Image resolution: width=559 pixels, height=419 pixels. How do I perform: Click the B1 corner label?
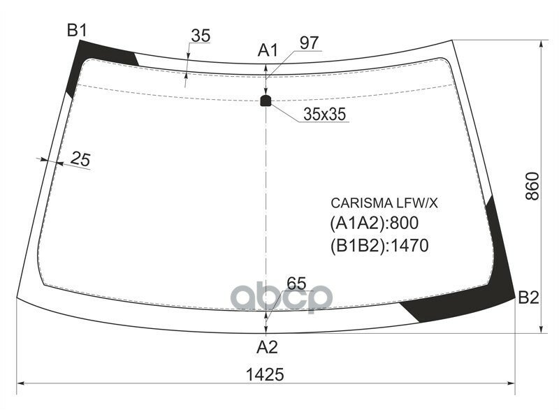pyautogui.click(x=76, y=30)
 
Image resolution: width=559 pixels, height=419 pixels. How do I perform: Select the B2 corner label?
pyautogui.click(x=528, y=298)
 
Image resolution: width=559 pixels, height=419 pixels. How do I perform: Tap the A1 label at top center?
pyautogui.click(x=268, y=50)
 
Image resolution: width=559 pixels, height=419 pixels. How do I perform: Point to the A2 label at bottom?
pyautogui.click(x=268, y=346)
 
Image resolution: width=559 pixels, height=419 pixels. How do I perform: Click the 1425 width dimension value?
pyautogui.click(x=266, y=374)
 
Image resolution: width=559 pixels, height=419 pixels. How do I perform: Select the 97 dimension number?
pyautogui.click(x=310, y=43)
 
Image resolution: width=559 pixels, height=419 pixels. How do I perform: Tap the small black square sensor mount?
pyautogui.click(x=266, y=101)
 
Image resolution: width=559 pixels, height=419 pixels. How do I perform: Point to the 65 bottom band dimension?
pyautogui.click(x=296, y=284)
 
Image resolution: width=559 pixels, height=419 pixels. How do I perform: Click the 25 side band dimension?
pyautogui.click(x=81, y=160)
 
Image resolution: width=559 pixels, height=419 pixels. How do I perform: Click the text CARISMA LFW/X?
pyautogui.click(x=384, y=203)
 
